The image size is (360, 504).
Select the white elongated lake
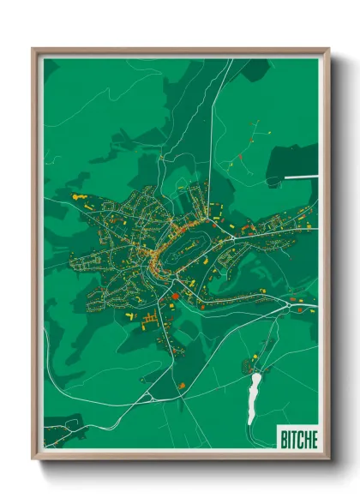pos(254,396)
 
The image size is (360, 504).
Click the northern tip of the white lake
pos(256,374)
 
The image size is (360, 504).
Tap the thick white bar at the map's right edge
pos(300,177)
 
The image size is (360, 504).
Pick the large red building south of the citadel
pos(175,296)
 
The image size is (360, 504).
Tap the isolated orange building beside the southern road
pos(182,385)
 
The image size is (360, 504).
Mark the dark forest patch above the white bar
pos(291,159)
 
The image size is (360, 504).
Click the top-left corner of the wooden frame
pos(33,49)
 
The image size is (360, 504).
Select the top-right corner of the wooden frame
pos(328,49)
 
